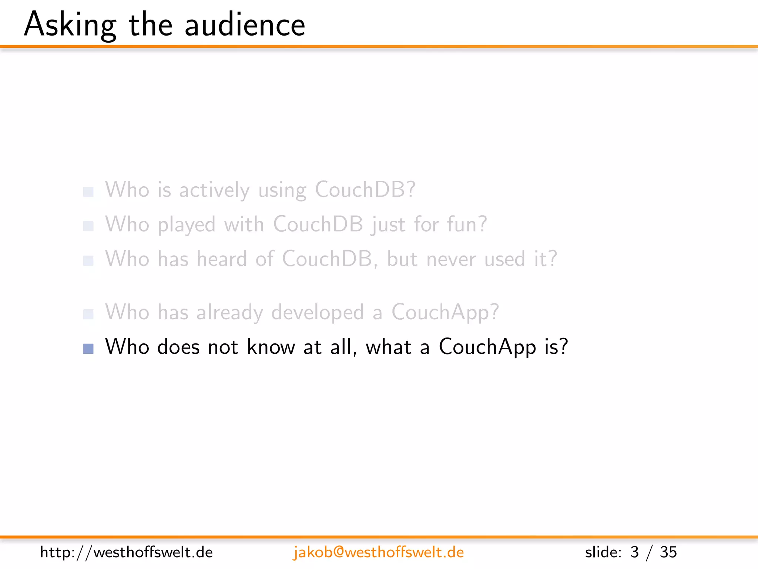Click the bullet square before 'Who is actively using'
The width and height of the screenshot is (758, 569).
(x=88, y=192)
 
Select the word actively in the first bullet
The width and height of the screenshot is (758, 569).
(x=214, y=190)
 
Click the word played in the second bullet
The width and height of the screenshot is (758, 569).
(x=187, y=224)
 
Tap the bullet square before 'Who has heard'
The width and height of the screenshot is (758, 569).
(x=88, y=261)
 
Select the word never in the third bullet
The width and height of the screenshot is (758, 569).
(x=451, y=259)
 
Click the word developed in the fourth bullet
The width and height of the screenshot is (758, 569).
(x=318, y=312)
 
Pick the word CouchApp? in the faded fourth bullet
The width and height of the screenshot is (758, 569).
(x=445, y=312)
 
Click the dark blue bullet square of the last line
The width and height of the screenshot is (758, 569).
(x=88, y=349)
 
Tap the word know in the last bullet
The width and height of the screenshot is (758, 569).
(x=271, y=347)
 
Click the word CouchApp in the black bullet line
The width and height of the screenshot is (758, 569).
(x=487, y=347)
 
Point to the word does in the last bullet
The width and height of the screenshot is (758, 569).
(x=178, y=347)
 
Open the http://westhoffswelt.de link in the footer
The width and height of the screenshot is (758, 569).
(x=126, y=552)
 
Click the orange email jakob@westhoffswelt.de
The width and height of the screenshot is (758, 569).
(x=378, y=552)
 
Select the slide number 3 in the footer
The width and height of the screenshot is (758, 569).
(x=634, y=552)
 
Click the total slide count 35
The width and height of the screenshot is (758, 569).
(x=668, y=552)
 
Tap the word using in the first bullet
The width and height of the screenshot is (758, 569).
(x=282, y=190)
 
